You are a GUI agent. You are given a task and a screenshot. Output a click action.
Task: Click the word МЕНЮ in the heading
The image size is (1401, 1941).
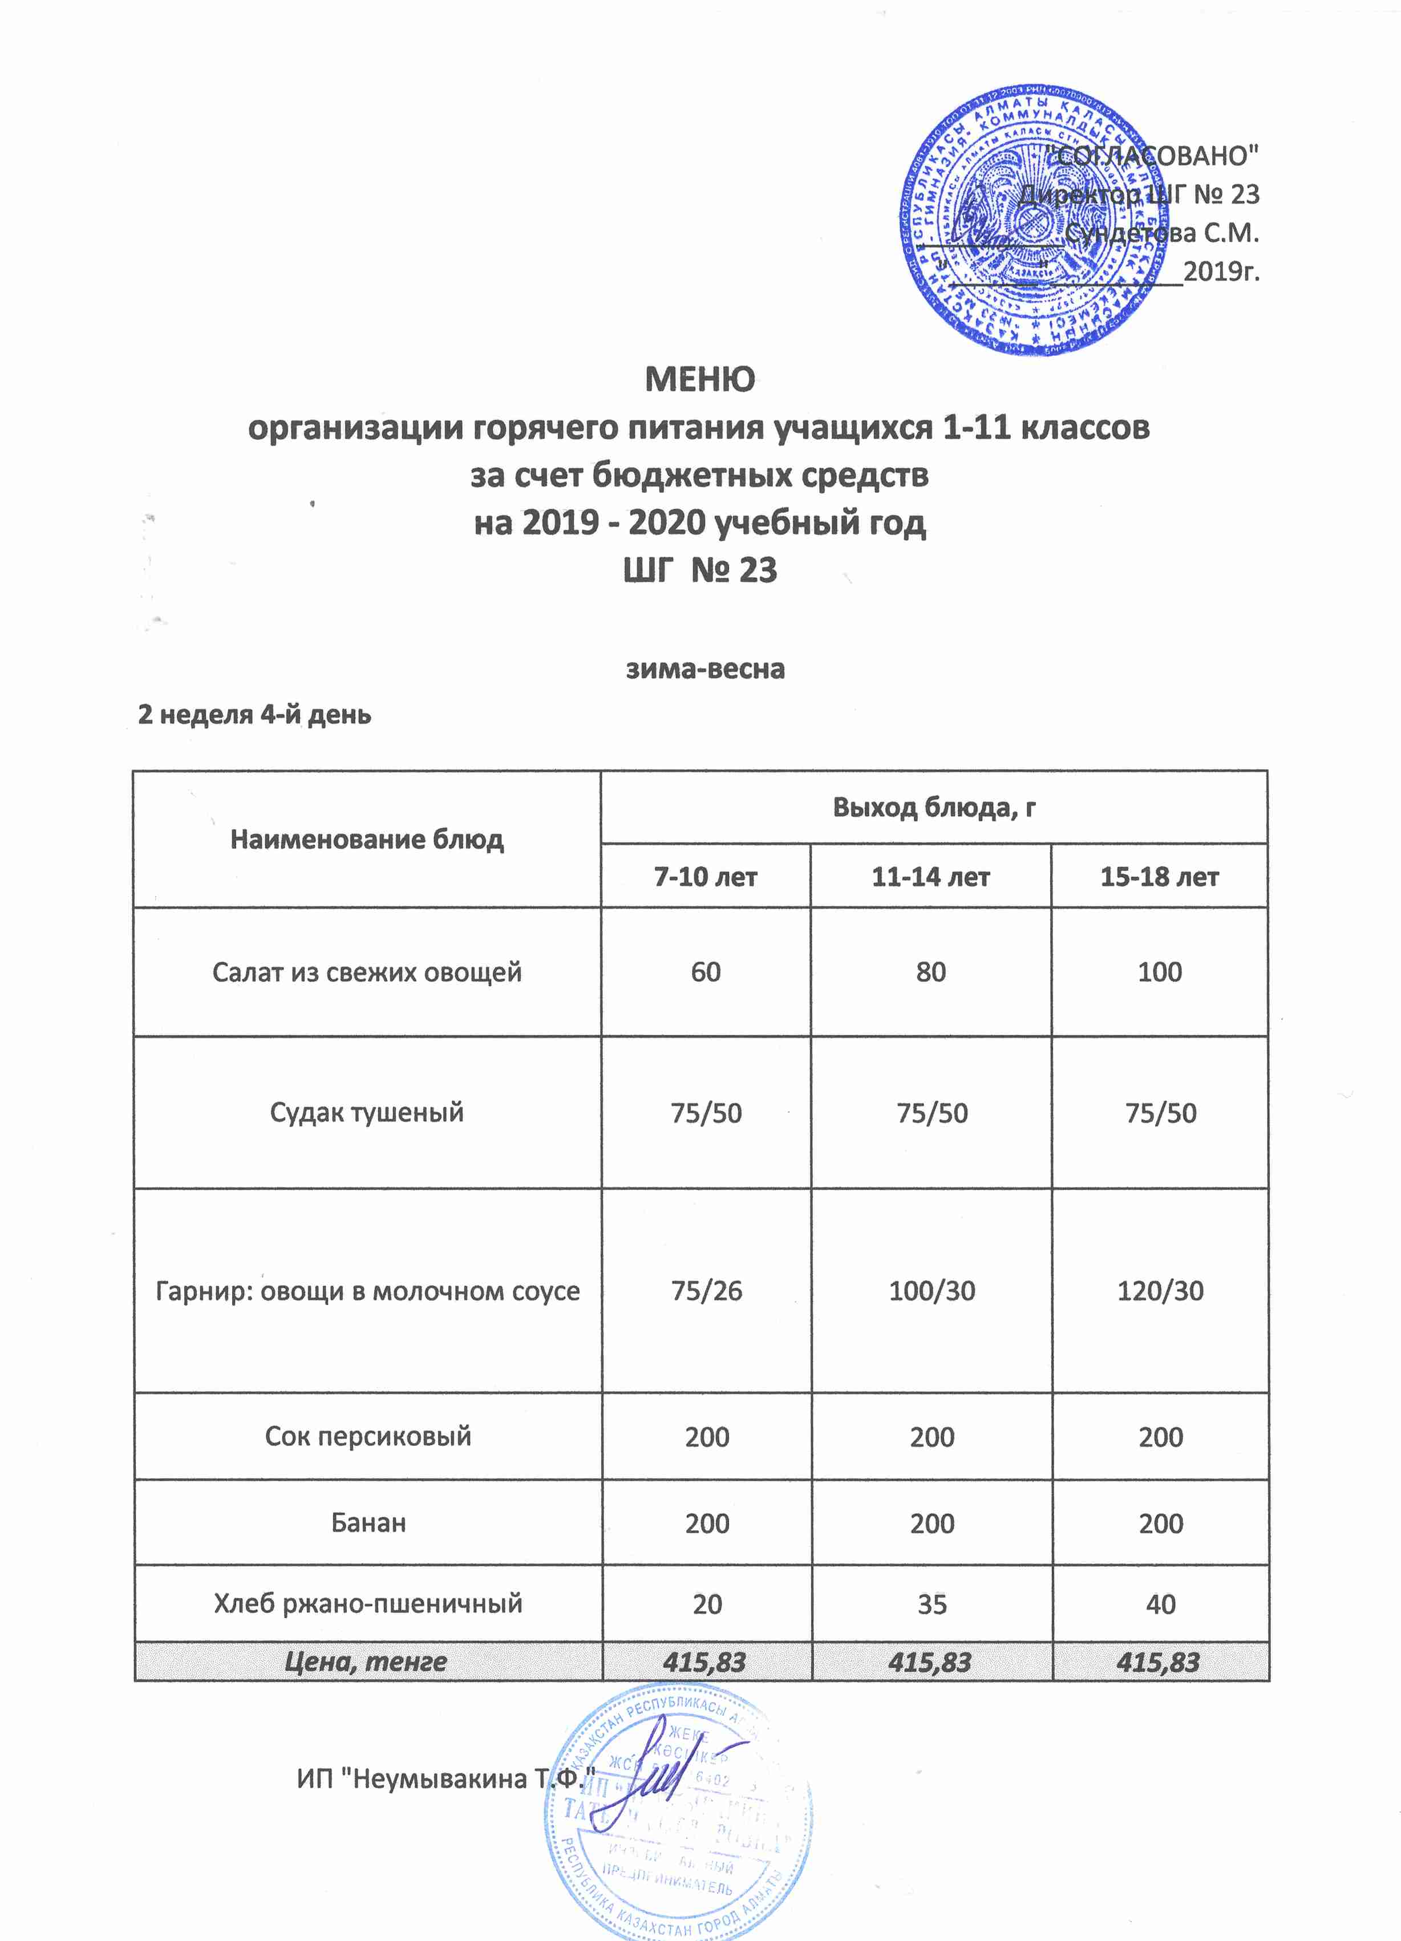click(x=699, y=379)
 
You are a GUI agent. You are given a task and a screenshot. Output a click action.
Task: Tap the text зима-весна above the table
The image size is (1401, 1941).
click(x=705, y=668)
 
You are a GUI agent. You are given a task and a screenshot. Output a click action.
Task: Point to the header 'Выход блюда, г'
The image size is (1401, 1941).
click(x=934, y=807)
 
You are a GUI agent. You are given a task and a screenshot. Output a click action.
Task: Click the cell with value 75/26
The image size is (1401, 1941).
click(x=706, y=1291)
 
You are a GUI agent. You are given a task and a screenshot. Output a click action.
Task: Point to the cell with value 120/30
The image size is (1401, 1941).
click(x=1160, y=1291)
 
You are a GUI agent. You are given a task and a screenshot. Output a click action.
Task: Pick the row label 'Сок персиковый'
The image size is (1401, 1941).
click(x=368, y=1436)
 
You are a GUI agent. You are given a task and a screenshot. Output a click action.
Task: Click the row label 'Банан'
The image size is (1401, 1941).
click(x=368, y=1523)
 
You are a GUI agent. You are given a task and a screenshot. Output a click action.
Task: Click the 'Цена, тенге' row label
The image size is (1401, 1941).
click(x=366, y=1662)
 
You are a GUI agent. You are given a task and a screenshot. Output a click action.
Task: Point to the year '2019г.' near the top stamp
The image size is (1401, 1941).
click(x=1221, y=272)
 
